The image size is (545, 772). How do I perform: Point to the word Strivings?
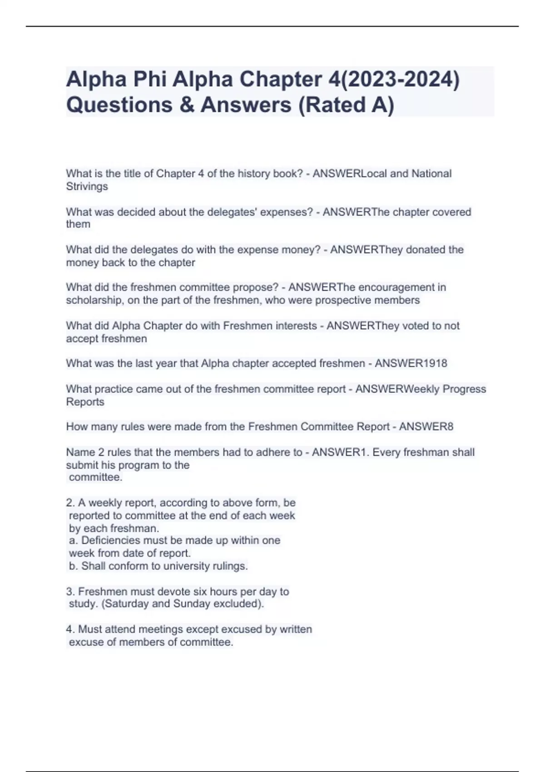[87, 186]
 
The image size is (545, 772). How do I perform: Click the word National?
[431, 173]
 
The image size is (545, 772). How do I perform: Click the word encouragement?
[395, 287]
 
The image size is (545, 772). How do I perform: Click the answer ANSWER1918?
[411, 363]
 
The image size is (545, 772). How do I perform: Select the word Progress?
[464, 389]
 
